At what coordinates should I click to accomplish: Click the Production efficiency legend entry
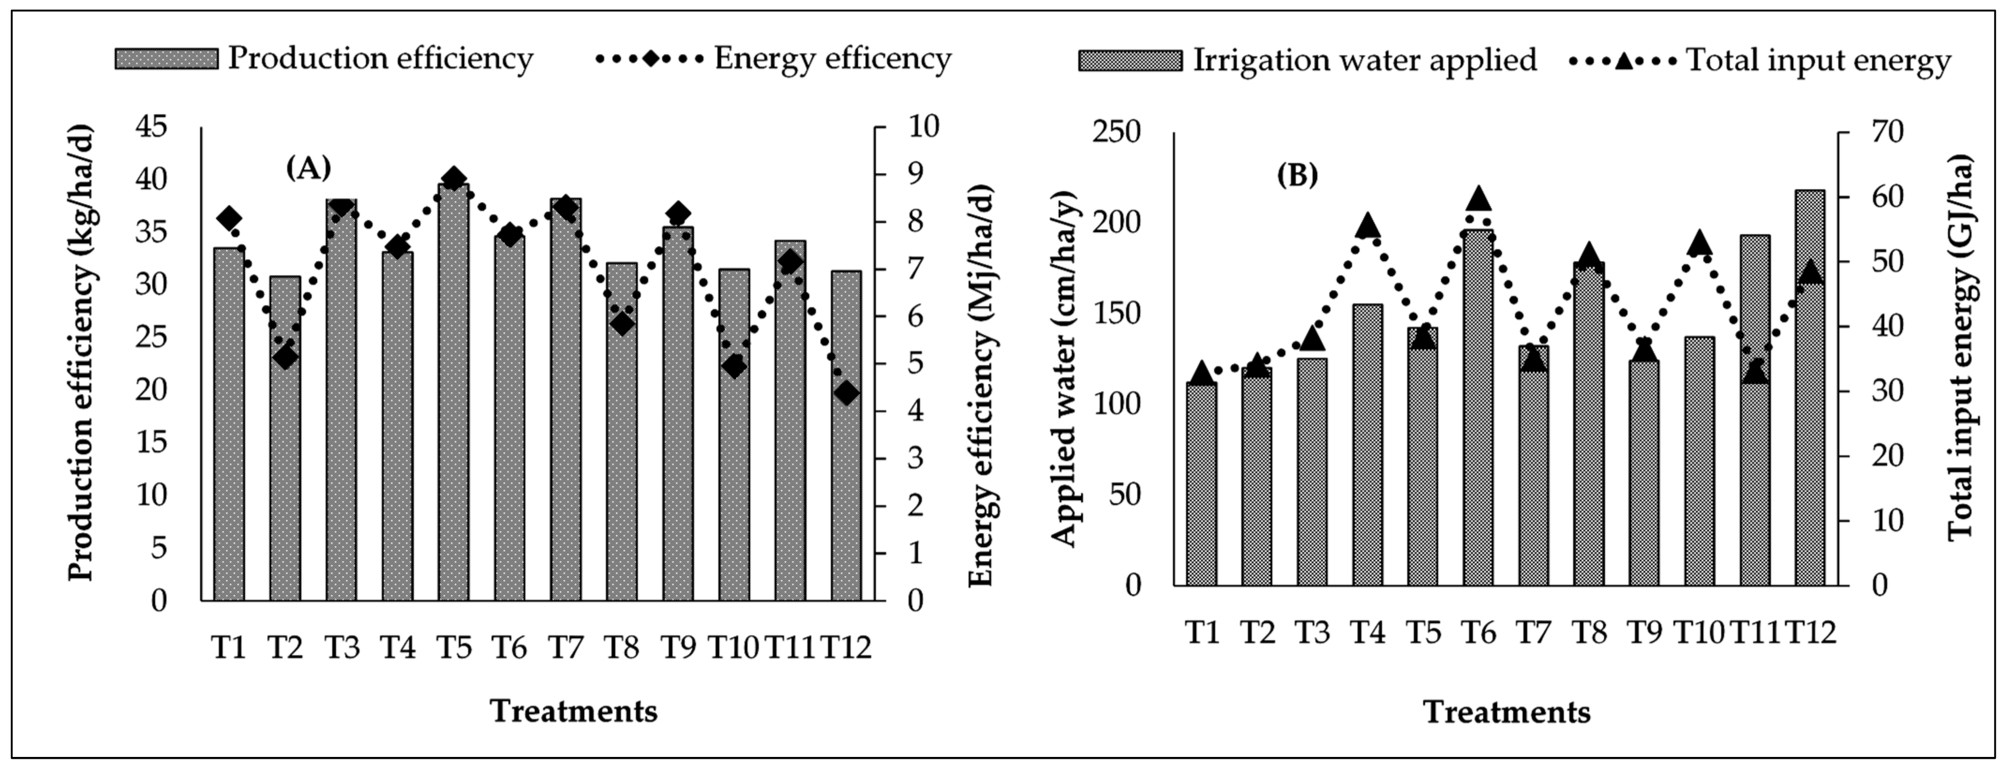pos(323,59)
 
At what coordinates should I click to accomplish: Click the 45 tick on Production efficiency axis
pos(152,126)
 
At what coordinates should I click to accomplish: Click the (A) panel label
pos(309,168)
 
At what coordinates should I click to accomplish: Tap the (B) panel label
pos(1297,176)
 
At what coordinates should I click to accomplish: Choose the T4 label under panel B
pos(1368,631)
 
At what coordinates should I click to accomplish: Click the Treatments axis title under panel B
pos(1507,712)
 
